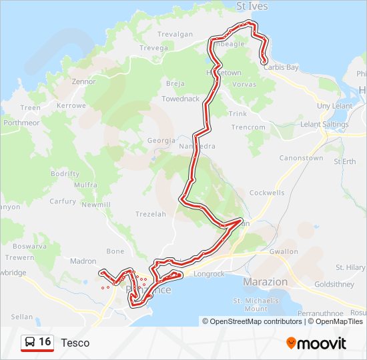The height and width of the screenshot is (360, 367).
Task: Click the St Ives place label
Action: [x=252, y=7]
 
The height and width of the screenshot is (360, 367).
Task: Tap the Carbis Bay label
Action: [x=280, y=67]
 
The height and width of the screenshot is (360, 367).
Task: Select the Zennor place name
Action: [x=84, y=81]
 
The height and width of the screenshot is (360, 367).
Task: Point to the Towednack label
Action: [x=180, y=99]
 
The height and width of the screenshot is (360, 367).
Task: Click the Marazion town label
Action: [x=266, y=282]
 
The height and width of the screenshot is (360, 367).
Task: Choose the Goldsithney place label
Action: [x=337, y=283]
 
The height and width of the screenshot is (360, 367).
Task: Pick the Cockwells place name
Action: [x=267, y=193]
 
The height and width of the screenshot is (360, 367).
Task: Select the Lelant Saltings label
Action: [x=324, y=125]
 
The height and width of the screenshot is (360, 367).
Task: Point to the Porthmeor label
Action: [x=21, y=123]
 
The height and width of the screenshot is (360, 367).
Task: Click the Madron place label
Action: [x=83, y=261]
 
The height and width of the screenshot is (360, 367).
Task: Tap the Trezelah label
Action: [x=150, y=214]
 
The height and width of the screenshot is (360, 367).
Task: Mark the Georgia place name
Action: [x=161, y=141]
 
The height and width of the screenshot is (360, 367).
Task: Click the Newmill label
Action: [x=96, y=205]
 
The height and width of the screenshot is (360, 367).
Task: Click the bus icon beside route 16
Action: [x=30, y=342]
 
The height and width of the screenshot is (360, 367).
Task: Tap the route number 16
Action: [x=45, y=342]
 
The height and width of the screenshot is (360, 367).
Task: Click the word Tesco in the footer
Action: [x=75, y=343]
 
